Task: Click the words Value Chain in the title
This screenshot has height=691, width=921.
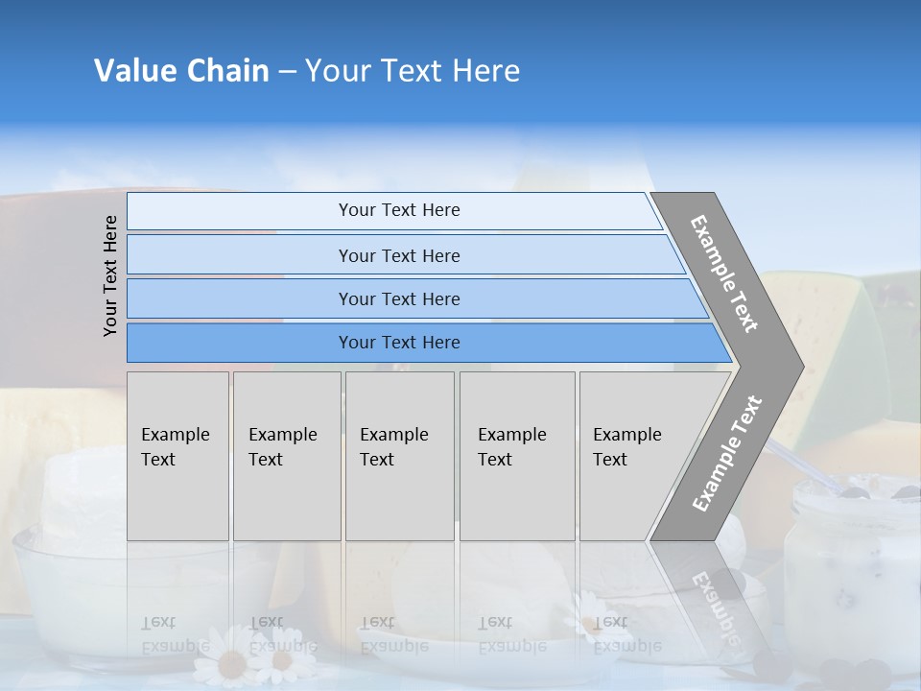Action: tap(181, 71)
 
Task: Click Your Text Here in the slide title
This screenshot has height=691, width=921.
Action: tap(413, 71)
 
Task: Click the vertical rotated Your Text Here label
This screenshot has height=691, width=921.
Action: tap(110, 275)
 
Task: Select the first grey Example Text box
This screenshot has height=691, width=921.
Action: tap(177, 456)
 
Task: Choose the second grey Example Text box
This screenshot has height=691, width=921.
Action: tap(286, 456)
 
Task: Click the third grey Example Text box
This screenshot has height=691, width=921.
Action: tap(398, 456)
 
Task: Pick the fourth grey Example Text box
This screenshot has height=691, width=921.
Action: tap(516, 456)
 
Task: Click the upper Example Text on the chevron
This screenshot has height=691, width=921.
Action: tap(725, 274)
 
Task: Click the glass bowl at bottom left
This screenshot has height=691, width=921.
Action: tap(67, 595)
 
